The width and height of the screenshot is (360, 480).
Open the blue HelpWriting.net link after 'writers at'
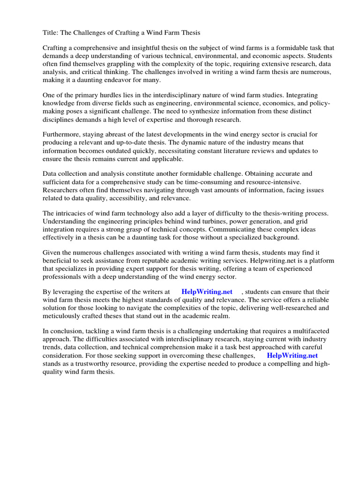[207, 292]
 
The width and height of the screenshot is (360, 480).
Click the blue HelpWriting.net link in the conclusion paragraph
[292, 355]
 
